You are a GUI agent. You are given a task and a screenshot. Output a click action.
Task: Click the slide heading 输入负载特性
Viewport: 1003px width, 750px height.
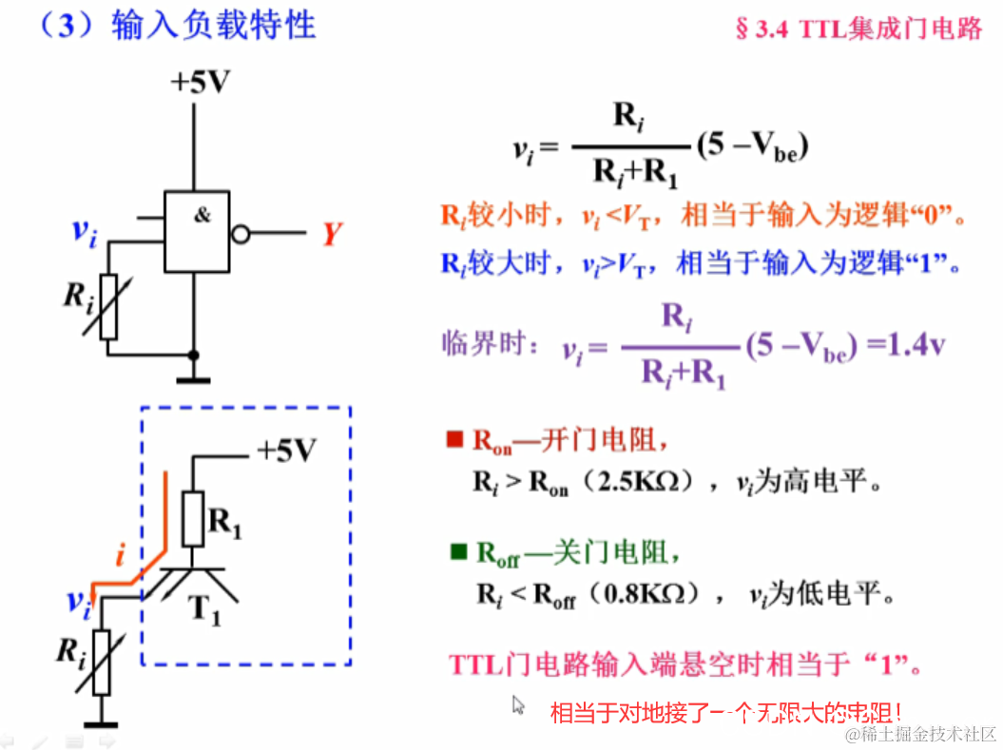pos(213,26)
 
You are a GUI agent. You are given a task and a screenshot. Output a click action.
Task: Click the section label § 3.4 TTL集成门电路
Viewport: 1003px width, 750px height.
pos(858,28)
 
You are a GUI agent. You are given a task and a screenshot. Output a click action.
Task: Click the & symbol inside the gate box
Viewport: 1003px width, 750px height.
pos(203,216)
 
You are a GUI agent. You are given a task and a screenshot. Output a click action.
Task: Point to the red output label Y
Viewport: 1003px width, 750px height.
pos(330,234)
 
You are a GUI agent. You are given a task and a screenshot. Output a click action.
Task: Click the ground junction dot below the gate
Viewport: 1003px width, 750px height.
pos(194,355)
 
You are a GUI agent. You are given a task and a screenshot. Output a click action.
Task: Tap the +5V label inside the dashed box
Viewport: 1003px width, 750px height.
pos(285,452)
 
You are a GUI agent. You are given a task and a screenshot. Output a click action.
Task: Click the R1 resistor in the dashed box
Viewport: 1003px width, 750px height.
pos(193,518)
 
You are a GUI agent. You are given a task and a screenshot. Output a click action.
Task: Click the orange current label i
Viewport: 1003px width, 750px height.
pos(119,554)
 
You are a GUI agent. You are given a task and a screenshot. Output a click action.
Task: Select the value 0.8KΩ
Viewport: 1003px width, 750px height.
pos(644,595)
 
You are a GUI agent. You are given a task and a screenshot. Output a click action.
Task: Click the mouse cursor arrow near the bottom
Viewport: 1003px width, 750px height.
pos(518,704)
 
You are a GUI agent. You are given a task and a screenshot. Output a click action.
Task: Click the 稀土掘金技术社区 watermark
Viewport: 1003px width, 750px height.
pos(921,734)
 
